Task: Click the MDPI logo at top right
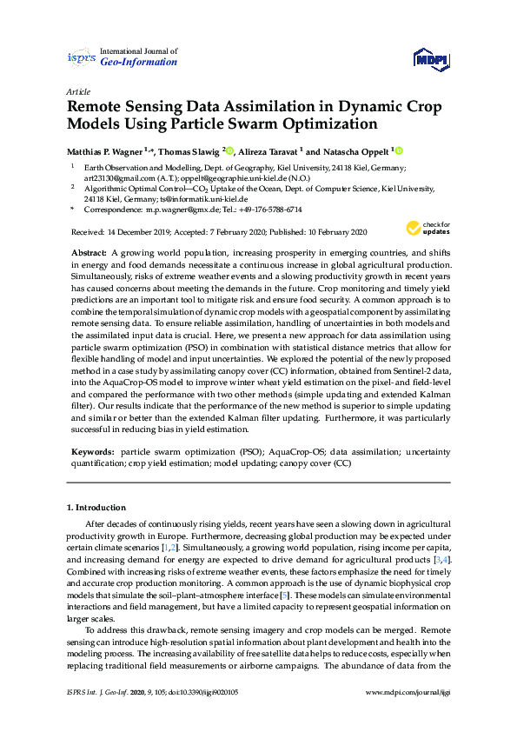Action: (x=432, y=58)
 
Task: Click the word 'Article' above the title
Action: (x=77, y=90)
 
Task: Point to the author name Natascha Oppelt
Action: (x=355, y=150)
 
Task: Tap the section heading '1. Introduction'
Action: (x=96, y=507)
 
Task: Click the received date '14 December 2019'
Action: (x=139, y=231)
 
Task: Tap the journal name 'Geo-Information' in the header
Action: (x=139, y=63)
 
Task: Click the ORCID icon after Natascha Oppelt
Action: (x=399, y=150)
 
